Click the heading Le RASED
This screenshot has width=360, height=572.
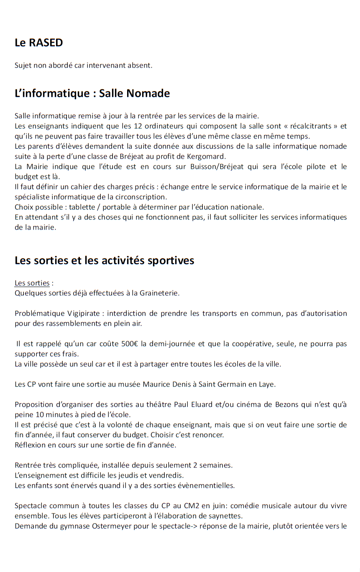pos(38,43)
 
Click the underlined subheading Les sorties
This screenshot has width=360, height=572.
pos(32,283)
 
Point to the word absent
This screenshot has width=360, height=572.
pos(140,65)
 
